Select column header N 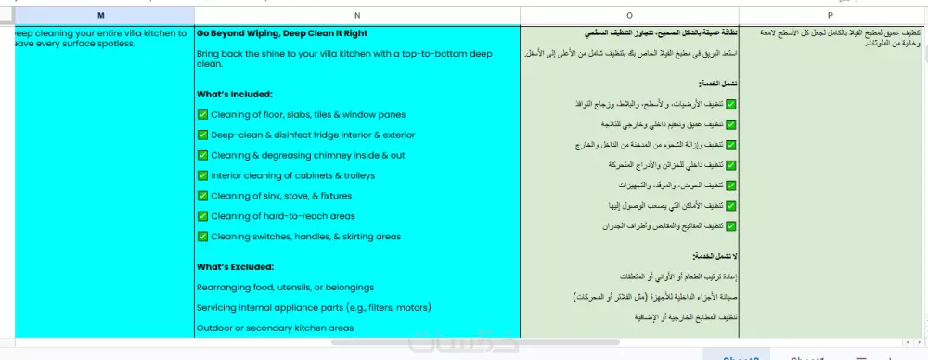(357, 15)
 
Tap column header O (631, 15)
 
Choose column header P (831, 15)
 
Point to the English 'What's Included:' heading (235, 94)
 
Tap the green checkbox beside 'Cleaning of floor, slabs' (203, 114)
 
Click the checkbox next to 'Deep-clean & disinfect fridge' (203, 135)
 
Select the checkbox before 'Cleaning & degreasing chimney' (203, 155)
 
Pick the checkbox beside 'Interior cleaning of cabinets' (203, 175)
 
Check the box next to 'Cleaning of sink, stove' (203, 196)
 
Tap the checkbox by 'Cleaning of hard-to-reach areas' (203, 216)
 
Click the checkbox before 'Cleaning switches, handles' (203, 237)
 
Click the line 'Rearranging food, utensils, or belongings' (285, 287)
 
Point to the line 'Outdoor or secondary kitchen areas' (275, 328)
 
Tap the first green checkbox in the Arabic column (731, 104)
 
